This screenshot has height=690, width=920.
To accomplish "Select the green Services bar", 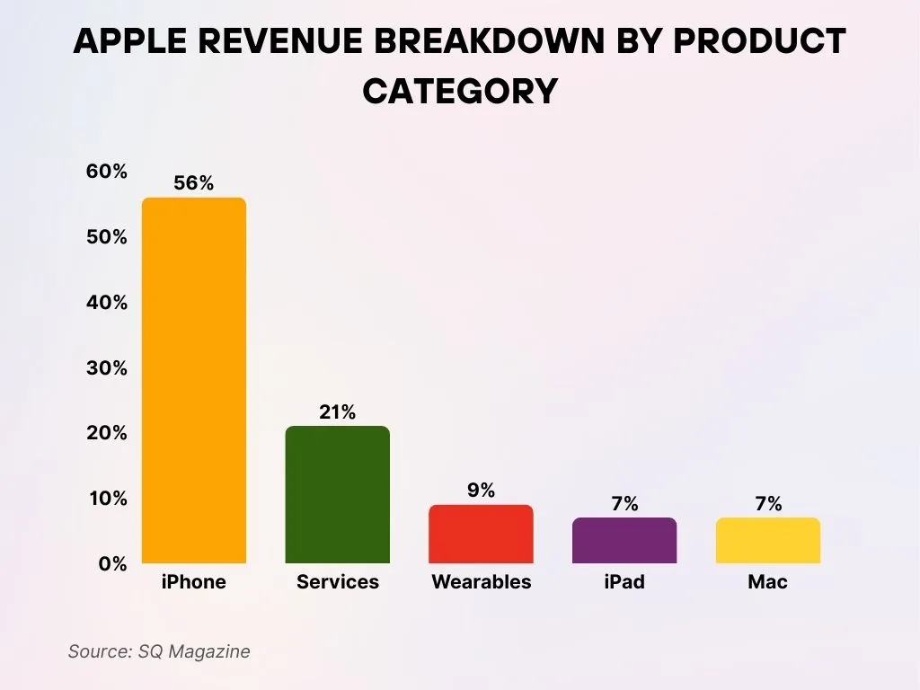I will pyautogui.click(x=337, y=495).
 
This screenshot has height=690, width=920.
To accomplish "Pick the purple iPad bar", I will pyautogui.click(x=624, y=541).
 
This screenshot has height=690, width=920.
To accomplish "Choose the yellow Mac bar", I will pyautogui.click(x=767, y=541).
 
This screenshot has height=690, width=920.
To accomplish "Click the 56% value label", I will pyautogui.click(x=193, y=183).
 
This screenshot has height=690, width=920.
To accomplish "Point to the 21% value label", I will pyautogui.click(x=337, y=412).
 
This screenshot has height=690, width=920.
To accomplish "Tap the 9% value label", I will pyautogui.click(x=481, y=491).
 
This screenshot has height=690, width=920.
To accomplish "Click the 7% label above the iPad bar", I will pyautogui.click(x=624, y=504).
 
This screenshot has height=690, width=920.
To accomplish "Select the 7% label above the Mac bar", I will pyautogui.click(x=767, y=504).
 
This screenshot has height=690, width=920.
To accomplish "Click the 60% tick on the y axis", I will pyautogui.click(x=107, y=172).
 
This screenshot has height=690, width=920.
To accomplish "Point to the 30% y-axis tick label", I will pyautogui.click(x=107, y=368).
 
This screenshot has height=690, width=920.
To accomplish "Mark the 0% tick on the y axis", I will pyautogui.click(x=112, y=564).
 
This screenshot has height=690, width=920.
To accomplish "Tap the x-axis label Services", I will pyautogui.click(x=337, y=582).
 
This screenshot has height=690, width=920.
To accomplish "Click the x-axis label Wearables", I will pyautogui.click(x=481, y=582).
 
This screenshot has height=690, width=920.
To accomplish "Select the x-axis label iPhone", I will pyautogui.click(x=193, y=582).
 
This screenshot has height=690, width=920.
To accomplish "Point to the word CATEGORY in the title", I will pyautogui.click(x=460, y=91).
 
